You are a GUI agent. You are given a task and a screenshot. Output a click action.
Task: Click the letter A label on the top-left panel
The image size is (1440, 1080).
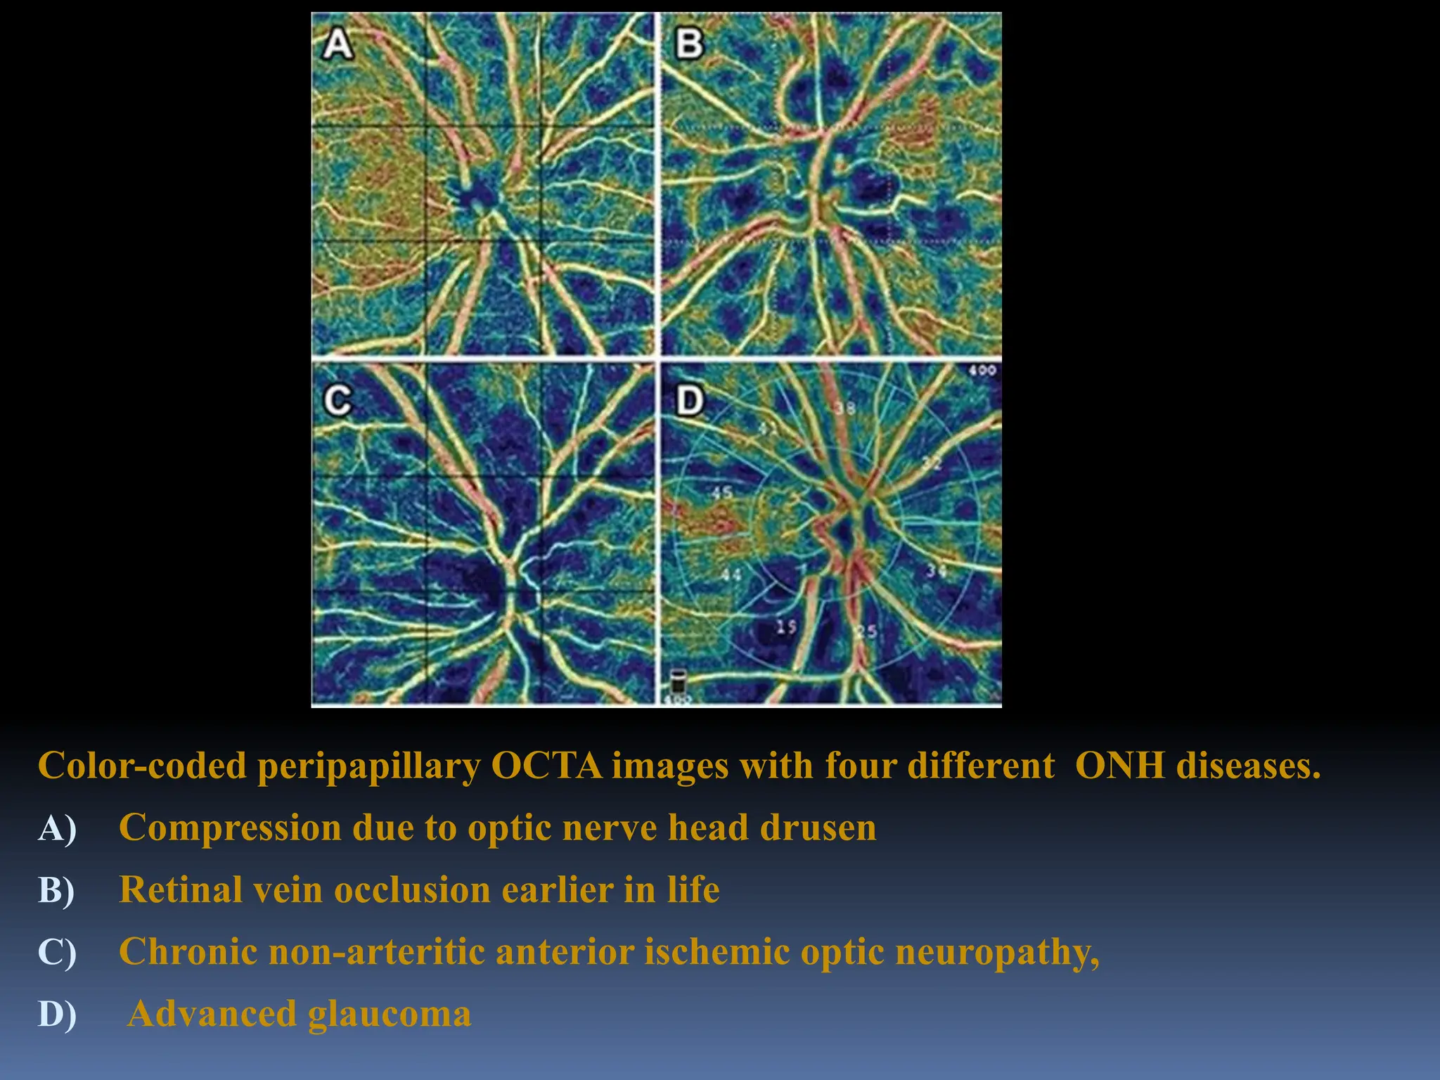click(337, 44)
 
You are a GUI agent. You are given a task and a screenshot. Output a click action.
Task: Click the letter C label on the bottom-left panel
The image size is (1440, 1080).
click(337, 401)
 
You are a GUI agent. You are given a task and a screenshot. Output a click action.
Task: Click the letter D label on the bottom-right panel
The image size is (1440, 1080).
click(689, 401)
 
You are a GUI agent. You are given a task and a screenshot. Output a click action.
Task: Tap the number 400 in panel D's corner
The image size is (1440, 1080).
click(982, 371)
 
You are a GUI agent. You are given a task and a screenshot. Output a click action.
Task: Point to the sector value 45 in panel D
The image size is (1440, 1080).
click(721, 493)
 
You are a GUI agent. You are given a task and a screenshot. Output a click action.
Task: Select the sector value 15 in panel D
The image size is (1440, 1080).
click(786, 626)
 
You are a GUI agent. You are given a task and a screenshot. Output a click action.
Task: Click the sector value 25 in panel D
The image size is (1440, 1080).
click(866, 631)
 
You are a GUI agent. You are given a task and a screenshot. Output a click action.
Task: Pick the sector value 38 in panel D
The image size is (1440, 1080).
click(845, 409)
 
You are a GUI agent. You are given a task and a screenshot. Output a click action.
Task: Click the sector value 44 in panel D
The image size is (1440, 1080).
click(731, 574)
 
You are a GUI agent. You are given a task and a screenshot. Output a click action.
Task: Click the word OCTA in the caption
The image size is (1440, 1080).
click(546, 766)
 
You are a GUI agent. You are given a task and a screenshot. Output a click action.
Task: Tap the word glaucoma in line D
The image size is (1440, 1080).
click(390, 1014)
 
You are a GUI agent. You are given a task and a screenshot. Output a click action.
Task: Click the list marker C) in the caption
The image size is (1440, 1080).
click(57, 952)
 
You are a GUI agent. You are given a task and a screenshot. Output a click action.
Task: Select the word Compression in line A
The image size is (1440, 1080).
click(230, 828)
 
